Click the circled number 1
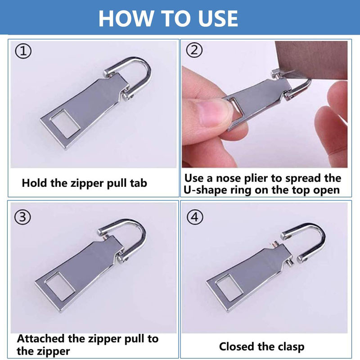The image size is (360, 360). pyautogui.click(x=23, y=51)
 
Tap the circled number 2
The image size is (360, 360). pyautogui.click(x=194, y=49)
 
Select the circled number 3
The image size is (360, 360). pyautogui.click(x=22, y=217)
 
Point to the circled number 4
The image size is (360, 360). pyautogui.click(x=195, y=217)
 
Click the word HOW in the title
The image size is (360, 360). pyautogui.click(x=126, y=18)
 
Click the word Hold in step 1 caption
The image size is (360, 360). pyautogui.click(x=34, y=183)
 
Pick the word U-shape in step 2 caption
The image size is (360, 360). pyautogui.click(x=206, y=190)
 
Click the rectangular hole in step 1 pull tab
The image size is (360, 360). pyautogui.click(x=65, y=124)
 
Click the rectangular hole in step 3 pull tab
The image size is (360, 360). pyautogui.click(x=60, y=287)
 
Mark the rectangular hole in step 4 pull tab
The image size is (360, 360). pyautogui.click(x=229, y=288)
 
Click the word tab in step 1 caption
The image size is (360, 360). pyautogui.click(x=139, y=183)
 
